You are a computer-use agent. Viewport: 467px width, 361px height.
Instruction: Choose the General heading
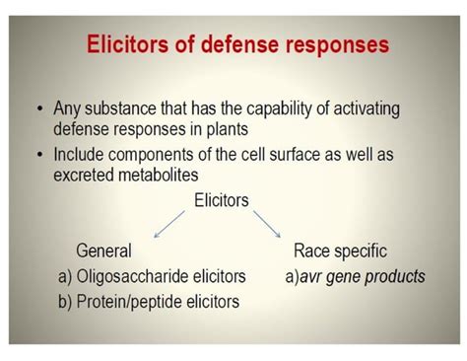(x=103, y=252)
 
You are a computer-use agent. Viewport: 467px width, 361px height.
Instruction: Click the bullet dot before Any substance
(x=38, y=108)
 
